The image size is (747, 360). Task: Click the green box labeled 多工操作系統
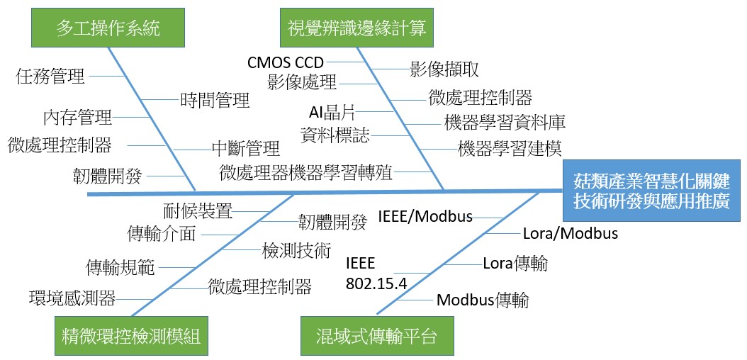[108, 28]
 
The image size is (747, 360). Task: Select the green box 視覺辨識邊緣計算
[356, 28]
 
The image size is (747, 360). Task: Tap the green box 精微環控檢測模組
[131, 336]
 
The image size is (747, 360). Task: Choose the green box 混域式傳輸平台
[377, 336]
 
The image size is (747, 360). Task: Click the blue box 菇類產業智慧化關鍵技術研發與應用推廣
[651, 191]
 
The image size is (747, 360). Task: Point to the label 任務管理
[50, 76]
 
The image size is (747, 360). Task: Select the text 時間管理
[215, 100]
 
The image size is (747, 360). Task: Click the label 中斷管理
[246, 149]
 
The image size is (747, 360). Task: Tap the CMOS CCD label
[286, 62]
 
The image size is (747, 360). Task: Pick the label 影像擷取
[444, 69]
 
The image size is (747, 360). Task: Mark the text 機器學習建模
[510, 149]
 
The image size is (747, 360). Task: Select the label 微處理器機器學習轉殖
[306, 172]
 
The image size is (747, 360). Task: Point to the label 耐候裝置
[197, 210]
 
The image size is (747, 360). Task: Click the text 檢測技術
[296, 250]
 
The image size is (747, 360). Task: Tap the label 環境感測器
[72, 298]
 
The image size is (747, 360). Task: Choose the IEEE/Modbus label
[425, 217]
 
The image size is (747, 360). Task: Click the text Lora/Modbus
[571, 234]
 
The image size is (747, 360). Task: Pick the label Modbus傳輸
[483, 300]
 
